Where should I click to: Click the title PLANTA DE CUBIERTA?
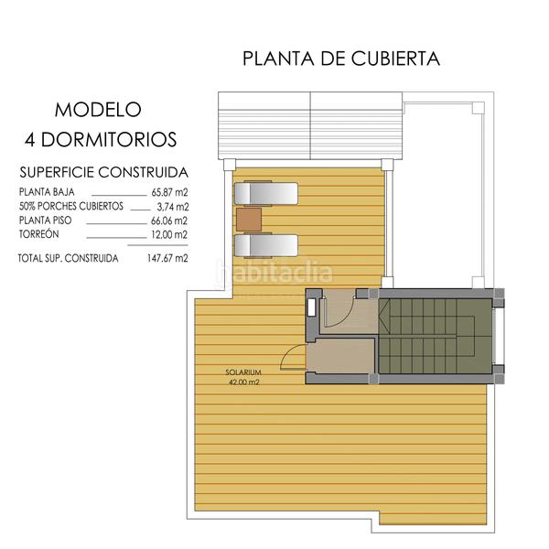[341, 59]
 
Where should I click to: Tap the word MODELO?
[98, 110]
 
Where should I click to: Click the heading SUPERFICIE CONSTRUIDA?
[103, 171]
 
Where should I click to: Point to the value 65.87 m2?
[169, 193]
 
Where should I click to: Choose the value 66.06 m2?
[169, 221]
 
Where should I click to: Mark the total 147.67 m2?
[167, 258]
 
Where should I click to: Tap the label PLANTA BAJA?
[46, 193]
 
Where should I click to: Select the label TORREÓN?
[38, 235]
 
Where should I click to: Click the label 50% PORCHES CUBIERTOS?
[70, 207]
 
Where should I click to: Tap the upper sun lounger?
[266, 193]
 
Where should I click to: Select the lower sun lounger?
[266, 245]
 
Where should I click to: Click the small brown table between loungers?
[249, 220]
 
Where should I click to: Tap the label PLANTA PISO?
[44, 221]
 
